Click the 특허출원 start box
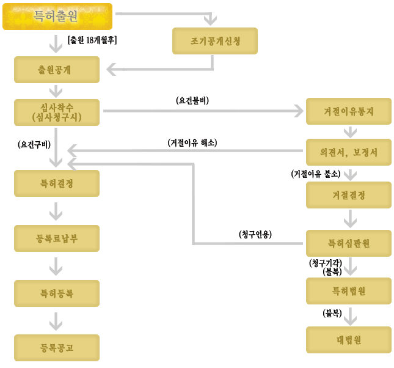point(57,17)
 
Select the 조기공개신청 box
point(215,41)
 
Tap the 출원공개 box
point(57,70)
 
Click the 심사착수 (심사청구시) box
point(57,112)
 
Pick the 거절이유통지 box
point(349,111)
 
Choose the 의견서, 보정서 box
point(349,152)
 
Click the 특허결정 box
point(57,183)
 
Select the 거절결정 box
point(349,195)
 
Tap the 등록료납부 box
point(57,238)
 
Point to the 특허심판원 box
point(349,243)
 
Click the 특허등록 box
point(57,293)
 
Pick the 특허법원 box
point(349,291)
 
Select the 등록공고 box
point(57,348)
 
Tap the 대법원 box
point(349,340)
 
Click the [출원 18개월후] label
point(92,40)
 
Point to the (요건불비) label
point(192,100)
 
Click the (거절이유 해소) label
point(192,142)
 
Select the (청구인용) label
point(255,234)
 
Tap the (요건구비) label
point(34,144)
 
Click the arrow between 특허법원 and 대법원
point(350,317)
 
